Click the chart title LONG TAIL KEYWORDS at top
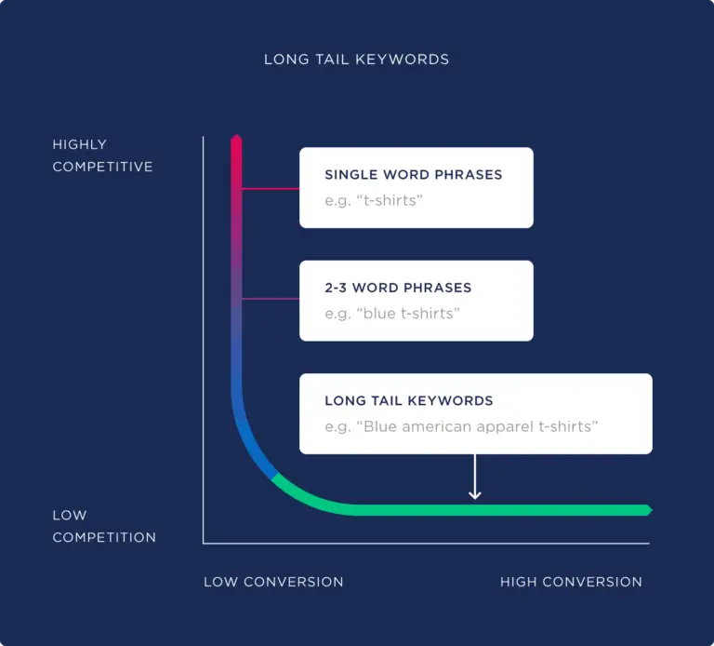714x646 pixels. [356, 60]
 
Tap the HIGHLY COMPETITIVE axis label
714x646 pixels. [102, 155]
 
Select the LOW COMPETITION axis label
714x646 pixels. [103, 526]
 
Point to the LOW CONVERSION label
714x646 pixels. [273, 582]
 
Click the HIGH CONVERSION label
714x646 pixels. [571, 582]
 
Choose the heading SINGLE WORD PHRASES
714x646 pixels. [413, 174]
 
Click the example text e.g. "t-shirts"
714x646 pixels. [373, 200]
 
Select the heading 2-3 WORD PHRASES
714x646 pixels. [398, 288]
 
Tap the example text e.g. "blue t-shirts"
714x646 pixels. [391, 314]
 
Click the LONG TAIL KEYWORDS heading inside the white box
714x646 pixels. [408, 400]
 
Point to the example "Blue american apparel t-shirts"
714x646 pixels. [461, 426]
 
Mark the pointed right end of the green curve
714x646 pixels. [648, 510]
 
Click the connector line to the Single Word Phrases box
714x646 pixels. [271, 188]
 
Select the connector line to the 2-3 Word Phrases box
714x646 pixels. [271, 299]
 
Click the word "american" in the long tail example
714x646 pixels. [432, 426]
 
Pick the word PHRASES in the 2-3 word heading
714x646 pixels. [439, 288]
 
